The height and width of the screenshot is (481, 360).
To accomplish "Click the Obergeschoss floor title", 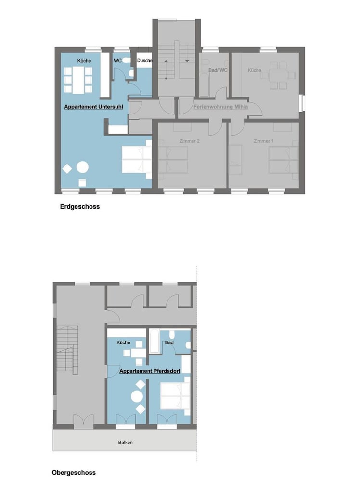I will [x=74, y=472].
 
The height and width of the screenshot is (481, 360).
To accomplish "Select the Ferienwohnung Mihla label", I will [x=221, y=107].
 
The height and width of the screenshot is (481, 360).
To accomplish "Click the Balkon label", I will [x=125, y=442].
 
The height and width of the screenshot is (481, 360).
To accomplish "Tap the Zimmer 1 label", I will [x=263, y=141].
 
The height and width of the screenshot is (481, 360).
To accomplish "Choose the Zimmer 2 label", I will [x=190, y=141].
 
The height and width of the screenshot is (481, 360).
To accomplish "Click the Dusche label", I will [x=144, y=61].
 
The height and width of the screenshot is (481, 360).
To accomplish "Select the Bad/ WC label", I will [x=215, y=70].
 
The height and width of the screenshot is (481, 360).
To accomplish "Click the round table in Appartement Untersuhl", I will [x=83, y=167].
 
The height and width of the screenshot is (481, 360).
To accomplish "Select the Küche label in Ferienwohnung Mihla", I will [x=254, y=70].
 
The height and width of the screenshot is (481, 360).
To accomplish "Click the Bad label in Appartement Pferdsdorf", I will [x=169, y=342].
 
